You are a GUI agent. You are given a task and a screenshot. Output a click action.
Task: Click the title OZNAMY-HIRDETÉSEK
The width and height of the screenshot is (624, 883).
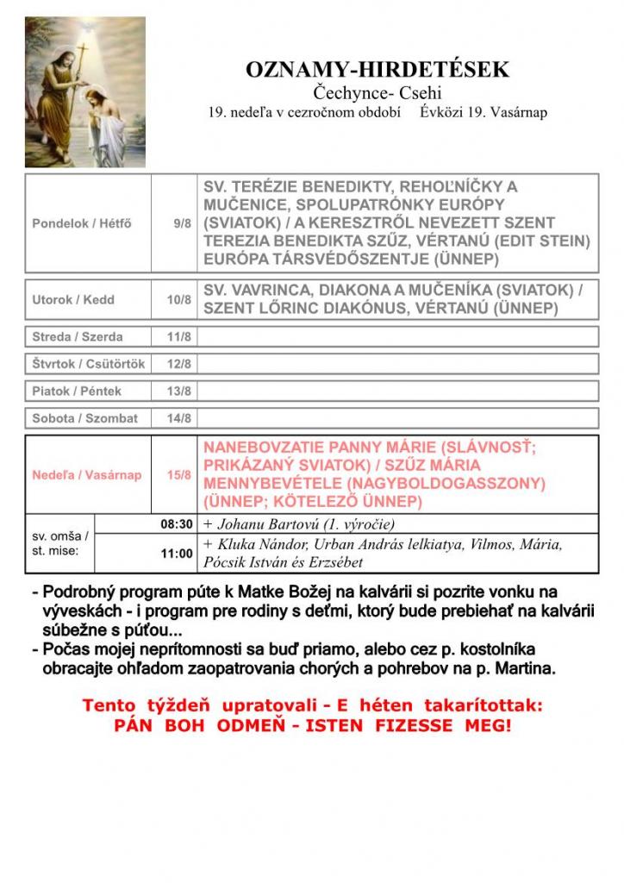378,70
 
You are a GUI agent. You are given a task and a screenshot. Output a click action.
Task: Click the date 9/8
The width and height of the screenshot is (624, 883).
182,223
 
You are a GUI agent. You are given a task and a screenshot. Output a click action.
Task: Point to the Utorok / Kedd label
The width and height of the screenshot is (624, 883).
73,300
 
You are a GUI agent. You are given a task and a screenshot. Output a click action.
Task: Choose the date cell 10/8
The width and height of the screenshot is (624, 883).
179,300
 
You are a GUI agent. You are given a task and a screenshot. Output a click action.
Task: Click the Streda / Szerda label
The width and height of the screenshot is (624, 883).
78,336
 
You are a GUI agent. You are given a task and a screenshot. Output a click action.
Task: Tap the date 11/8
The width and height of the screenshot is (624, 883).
179,336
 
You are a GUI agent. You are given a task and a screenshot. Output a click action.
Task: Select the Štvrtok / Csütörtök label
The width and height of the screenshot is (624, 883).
89,364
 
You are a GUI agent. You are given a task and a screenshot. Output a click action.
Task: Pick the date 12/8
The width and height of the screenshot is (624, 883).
179,364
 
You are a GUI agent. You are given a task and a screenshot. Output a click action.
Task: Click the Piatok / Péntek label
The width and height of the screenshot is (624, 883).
77,391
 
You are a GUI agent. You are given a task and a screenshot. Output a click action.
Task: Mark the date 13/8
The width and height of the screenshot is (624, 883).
179,391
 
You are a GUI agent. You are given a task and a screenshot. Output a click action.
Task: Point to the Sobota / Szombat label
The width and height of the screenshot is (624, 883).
84,418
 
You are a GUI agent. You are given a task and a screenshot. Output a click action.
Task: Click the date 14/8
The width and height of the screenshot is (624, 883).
179,418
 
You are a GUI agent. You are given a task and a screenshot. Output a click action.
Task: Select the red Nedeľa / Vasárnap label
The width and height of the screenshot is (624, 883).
86,475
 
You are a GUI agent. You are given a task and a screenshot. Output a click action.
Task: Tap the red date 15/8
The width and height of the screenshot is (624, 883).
179,475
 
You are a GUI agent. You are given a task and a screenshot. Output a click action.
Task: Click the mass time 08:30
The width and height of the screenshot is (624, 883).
176,523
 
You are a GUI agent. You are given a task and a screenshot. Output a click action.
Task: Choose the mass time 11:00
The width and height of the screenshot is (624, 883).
177,554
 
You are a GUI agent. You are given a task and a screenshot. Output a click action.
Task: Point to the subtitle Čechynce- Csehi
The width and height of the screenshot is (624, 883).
378,94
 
